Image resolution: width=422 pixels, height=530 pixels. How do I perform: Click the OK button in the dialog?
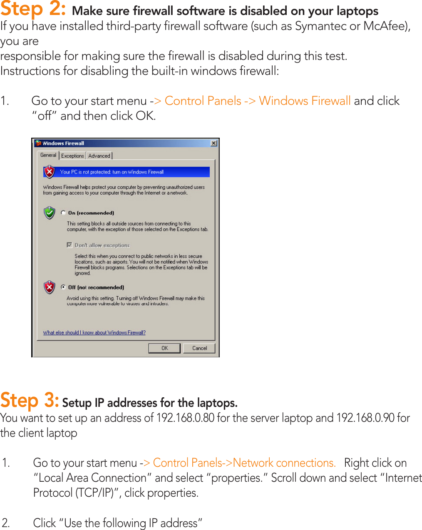[x=164, y=348]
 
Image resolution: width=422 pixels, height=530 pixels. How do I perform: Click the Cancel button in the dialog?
[x=199, y=348]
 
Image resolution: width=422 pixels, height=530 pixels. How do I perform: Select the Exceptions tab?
[x=72, y=156]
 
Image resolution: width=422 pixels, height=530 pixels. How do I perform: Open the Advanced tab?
[x=99, y=156]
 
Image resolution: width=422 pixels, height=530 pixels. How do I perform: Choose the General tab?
[x=48, y=155]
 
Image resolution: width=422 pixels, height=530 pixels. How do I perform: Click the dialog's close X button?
[x=213, y=143]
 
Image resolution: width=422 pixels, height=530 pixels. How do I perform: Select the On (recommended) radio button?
[x=63, y=213]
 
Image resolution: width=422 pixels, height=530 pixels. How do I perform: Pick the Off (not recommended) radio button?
[x=63, y=287]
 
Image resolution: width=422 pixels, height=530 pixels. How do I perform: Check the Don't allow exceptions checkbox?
[x=70, y=245]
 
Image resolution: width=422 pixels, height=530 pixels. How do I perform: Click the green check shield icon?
[x=50, y=213]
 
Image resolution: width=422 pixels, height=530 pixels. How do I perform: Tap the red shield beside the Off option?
[x=50, y=287]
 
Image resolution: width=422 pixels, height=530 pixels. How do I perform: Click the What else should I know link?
[x=94, y=332]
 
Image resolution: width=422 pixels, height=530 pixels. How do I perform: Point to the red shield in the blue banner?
[x=50, y=171]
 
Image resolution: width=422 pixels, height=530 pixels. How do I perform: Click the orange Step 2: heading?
[x=33, y=9]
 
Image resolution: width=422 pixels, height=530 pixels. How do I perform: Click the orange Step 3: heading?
[x=30, y=401]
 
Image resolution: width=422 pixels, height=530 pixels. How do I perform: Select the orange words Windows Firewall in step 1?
[x=305, y=101]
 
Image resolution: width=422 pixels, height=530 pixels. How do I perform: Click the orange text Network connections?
[x=284, y=463]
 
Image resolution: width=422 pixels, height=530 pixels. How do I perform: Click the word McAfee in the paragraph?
[x=384, y=26]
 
